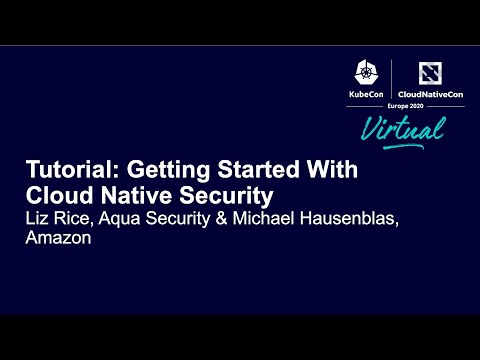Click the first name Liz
(x=38, y=218)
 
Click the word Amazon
(x=58, y=240)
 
